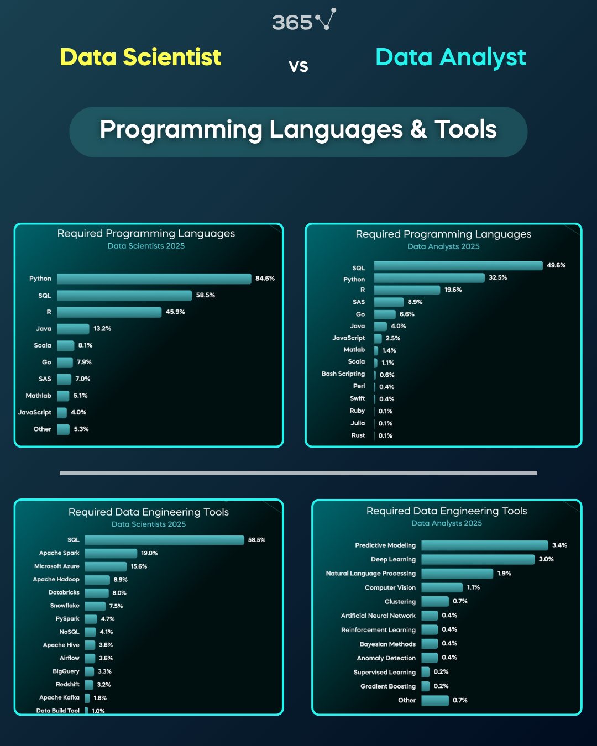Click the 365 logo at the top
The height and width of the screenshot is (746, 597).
[x=304, y=20]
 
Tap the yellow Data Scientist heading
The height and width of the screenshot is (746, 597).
[x=140, y=57]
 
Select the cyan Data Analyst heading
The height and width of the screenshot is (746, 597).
[x=451, y=58]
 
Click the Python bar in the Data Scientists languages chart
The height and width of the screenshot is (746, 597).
[x=154, y=279]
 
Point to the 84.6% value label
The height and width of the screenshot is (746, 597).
[x=265, y=279]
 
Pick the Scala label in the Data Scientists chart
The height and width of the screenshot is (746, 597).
[x=43, y=345]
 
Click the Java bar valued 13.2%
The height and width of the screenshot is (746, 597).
[x=73, y=329]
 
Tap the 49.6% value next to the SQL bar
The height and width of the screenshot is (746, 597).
[x=556, y=265]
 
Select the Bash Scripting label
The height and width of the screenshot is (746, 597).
[x=343, y=374]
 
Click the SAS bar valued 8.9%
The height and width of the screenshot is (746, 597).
[x=389, y=302]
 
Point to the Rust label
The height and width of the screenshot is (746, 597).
[x=358, y=435]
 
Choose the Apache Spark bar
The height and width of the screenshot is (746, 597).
[x=111, y=553]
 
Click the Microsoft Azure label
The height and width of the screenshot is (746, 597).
[x=57, y=566]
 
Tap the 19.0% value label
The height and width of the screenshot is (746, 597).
[x=149, y=553]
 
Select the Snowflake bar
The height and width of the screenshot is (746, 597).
[x=95, y=606]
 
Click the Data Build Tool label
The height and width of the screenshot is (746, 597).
[x=58, y=710]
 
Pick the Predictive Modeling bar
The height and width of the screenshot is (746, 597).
[x=485, y=545]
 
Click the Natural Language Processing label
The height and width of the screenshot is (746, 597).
[x=371, y=574]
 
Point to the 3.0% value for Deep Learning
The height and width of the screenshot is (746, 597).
[x=546, y=559]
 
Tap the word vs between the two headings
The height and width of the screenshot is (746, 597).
[x=298, y=66]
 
